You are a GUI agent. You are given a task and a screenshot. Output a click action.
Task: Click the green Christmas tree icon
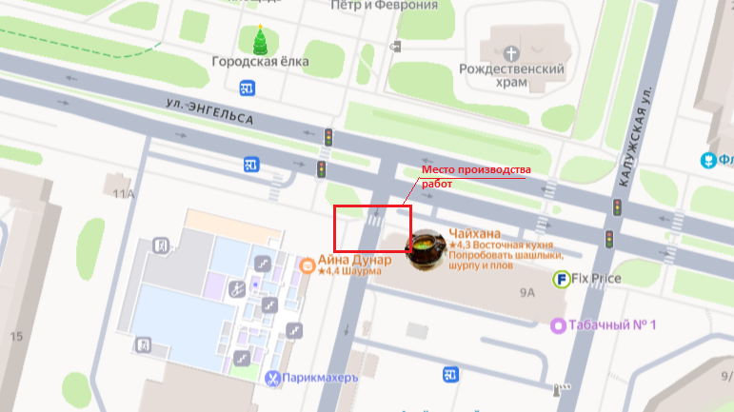click(260, 39)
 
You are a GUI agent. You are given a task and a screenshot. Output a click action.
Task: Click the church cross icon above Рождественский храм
click(512, 53)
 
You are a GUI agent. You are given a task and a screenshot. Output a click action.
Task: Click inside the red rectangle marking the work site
click(371, 228)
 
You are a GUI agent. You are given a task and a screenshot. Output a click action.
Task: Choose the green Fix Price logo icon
click(563, 278)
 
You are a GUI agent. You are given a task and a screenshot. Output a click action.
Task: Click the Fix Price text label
click(596, 279)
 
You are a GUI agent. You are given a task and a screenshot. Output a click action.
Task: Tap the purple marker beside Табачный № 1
click(558, 325)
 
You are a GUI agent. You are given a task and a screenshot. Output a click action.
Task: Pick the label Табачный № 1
click(613, 325)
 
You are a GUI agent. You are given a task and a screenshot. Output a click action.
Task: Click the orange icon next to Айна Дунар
click(307, 265)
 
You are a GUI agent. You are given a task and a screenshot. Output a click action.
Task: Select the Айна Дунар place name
click(354, 260)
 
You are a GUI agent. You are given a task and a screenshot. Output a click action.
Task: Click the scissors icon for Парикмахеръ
click(274, 379)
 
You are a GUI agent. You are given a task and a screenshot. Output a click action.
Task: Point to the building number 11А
click(124, 194)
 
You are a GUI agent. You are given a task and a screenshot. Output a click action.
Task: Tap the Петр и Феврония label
click(384, 5)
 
